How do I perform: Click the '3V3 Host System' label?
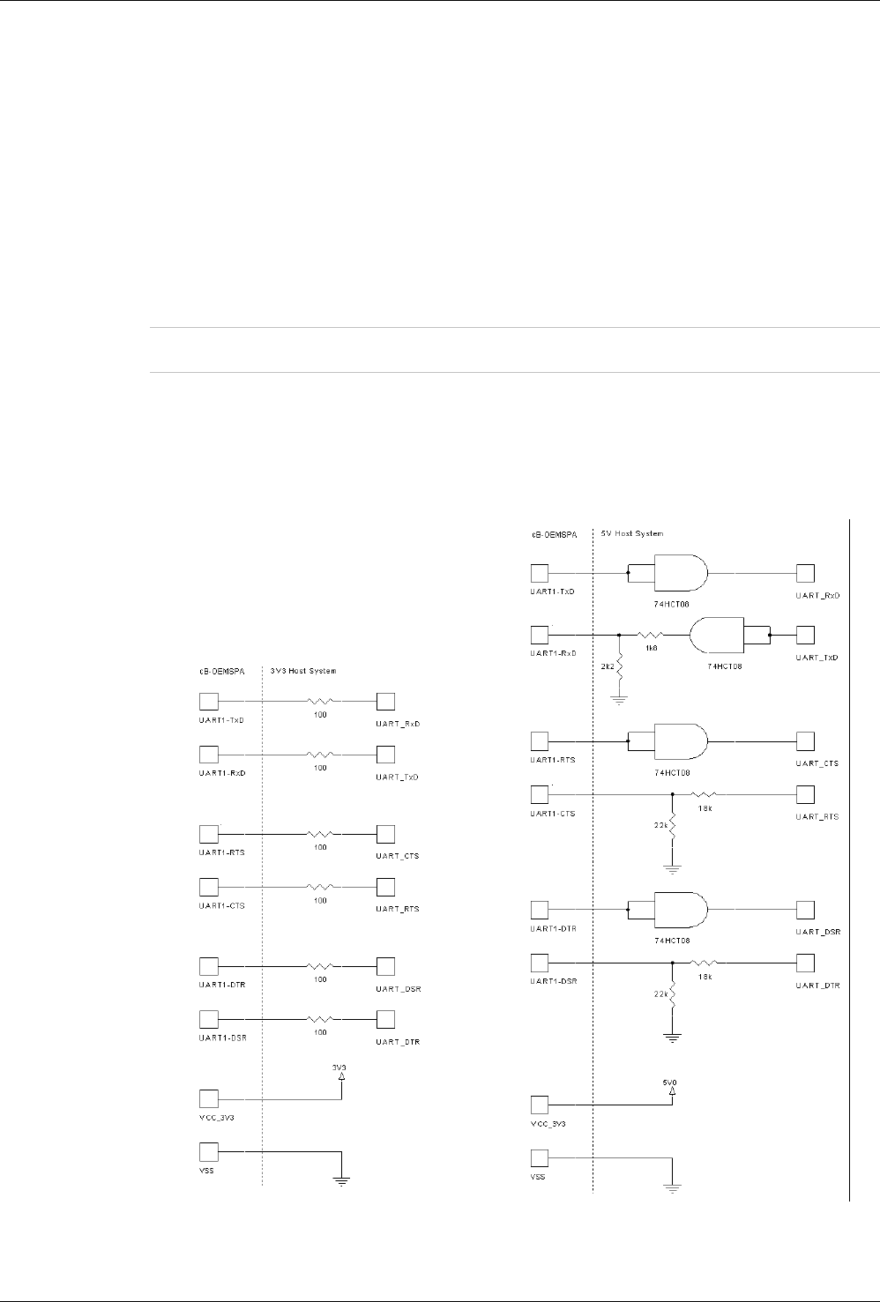point(302,671)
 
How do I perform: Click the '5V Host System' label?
point(632,533)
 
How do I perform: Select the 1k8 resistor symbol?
point(651,635)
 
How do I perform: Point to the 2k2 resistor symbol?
point(620,666)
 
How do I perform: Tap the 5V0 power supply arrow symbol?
point(672,1091)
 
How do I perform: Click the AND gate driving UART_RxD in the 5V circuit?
point(680,573)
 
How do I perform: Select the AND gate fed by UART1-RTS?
point(680,740)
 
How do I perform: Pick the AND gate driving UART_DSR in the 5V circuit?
point(680,908)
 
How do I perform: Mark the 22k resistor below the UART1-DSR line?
point(672,993)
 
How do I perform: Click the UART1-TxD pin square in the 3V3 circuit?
point(209,702)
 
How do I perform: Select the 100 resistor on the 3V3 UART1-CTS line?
point(320,886)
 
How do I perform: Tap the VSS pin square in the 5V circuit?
point(539,1157)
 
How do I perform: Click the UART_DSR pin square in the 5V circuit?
point(805,908)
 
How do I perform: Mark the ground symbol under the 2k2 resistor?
point(620,702)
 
